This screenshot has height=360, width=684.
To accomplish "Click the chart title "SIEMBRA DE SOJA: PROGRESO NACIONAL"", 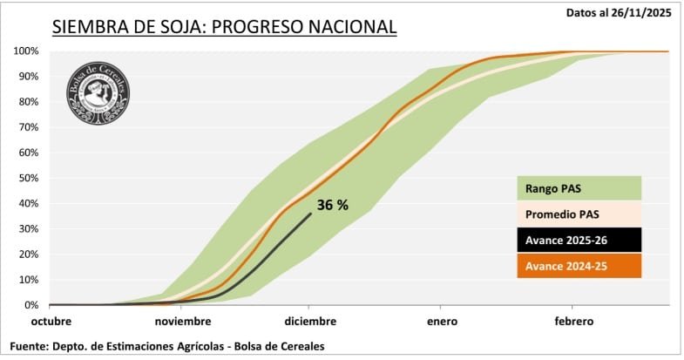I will [224, 26].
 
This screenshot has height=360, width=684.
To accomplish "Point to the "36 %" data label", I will [332, 206].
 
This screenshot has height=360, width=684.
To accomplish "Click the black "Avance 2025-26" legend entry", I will [578, 240].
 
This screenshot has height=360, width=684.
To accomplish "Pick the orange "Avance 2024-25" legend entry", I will [578, 265].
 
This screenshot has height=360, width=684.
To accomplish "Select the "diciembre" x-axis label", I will [310, 321].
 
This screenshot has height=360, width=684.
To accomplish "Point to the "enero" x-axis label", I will [442, 321].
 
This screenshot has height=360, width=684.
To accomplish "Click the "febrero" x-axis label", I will [572, 321].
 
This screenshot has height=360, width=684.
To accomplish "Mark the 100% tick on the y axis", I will [25, 51].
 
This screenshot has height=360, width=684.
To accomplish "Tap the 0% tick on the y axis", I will [30, 305].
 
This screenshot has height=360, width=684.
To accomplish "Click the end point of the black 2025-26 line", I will [310, 214].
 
